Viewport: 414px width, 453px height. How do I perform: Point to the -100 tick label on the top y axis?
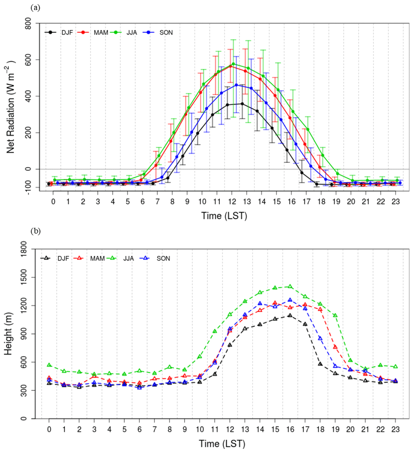coord(32,187)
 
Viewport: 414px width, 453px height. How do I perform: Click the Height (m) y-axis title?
coord(13,334)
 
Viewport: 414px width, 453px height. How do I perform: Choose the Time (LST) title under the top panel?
coord(224,216)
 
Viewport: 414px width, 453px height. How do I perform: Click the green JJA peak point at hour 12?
coord(234,64)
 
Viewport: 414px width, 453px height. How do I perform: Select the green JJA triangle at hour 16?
coord(290,286)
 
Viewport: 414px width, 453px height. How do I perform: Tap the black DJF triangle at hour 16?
coord(290,315)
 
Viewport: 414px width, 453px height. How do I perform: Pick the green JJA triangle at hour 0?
coord(49,365)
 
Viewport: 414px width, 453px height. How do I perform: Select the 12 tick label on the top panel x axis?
coord(234,202)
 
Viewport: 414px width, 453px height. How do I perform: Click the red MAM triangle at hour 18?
coord(320,310)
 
